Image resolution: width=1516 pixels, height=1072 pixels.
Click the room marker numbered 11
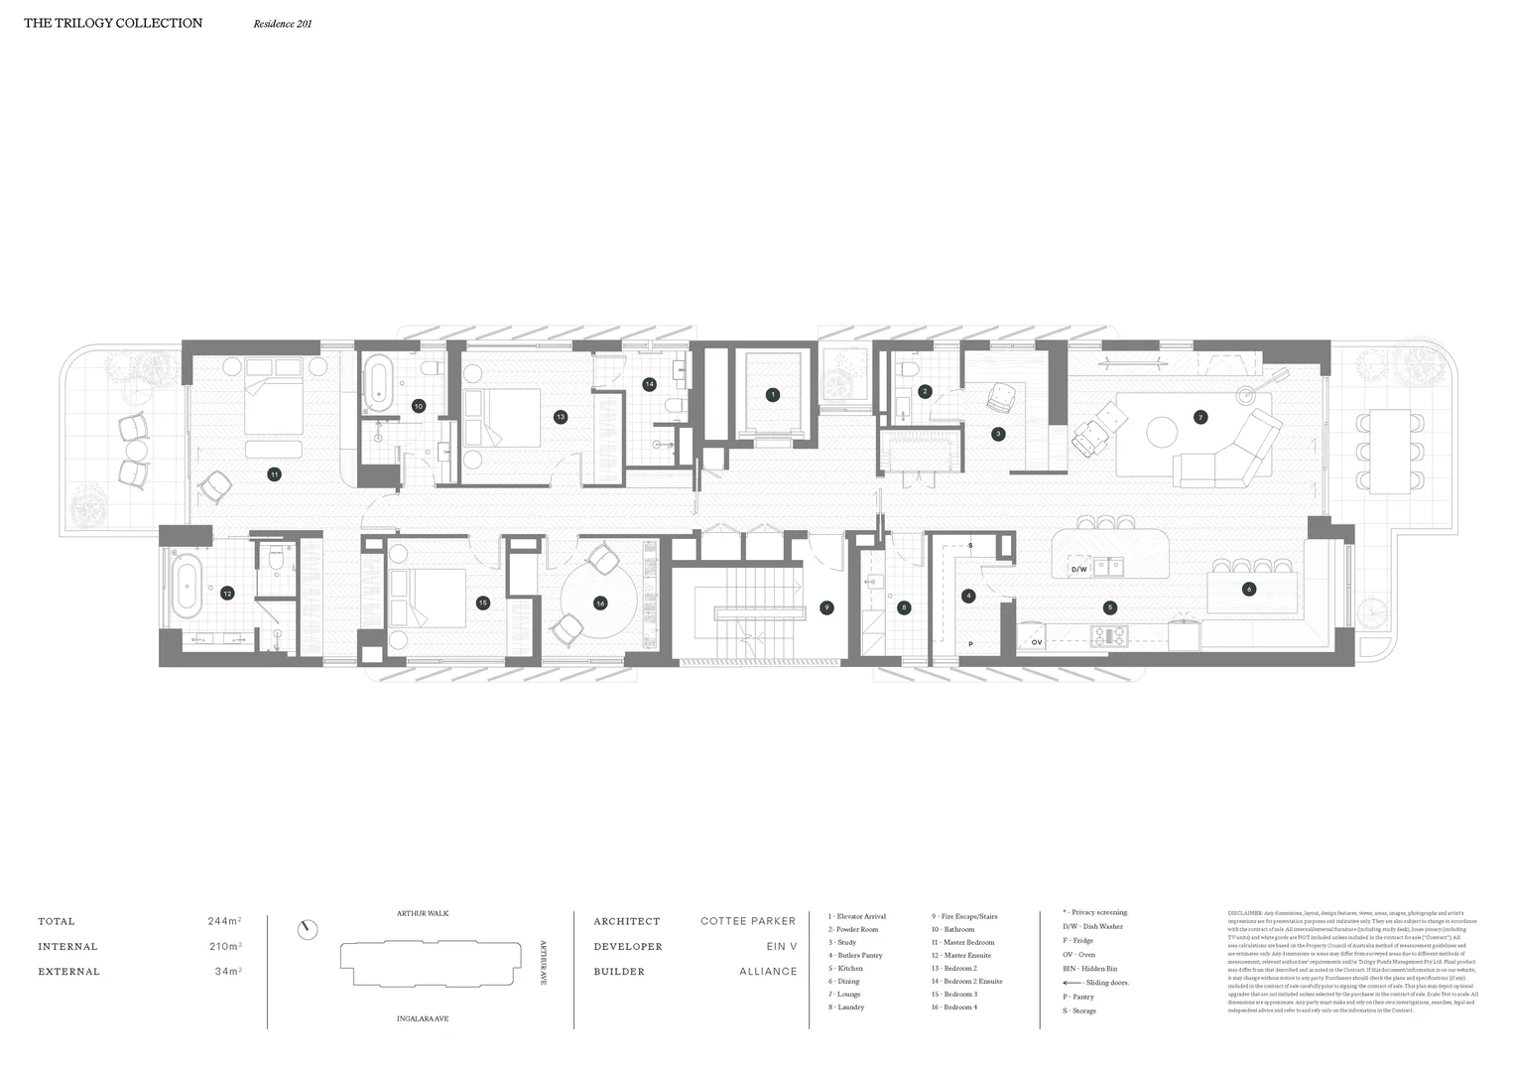pyautogui.click(x=274, y=475)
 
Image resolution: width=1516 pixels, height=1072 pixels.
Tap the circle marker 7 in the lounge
pyautogui.click(x=1200, y=418)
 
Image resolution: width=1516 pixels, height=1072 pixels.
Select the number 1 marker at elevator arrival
pyautogui.click(x=773, y=395)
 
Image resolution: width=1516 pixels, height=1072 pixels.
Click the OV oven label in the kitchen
pyautogui.click(x=1037, y=642)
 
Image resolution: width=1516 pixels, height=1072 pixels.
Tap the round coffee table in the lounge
pyautogui.click(x=1162, y=431)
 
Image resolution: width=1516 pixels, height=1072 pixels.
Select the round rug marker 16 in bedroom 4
pyautogui.click(x=600, y=603)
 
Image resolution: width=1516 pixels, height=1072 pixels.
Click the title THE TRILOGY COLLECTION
pyautogui.click(x=113, y=23)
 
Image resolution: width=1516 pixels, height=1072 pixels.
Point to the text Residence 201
pyautogui.click(x=283, y=24)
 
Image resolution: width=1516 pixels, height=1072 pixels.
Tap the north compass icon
pyautogui.click(x=309, y=930)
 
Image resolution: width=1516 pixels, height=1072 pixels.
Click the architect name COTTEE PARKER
pyautogui.click(x=748, y=921)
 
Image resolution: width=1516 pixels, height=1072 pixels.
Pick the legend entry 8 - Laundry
pyautogui.click(x=846, y=1007)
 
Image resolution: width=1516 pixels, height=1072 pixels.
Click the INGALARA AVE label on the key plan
pyautogui.click(x=423, y=1018)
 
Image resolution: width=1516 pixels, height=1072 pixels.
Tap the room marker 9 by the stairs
pyautogui.click(x=826, y=607)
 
